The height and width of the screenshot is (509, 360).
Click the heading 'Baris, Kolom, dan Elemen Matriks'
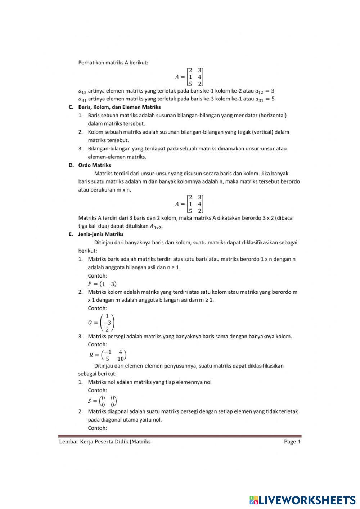tap(119, 107)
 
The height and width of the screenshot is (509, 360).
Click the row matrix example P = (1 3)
tap(102, 284)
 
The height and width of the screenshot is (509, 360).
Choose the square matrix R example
tap(108, 355)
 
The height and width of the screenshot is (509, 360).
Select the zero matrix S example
tap(103, 401)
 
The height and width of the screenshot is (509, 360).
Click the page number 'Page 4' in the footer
tap(292, 442)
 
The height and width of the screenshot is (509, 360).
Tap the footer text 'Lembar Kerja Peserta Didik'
tap(94, 442)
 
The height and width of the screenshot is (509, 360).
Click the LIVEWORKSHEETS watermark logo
tap(302, 500)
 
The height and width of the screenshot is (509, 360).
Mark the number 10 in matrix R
tap(121, 359)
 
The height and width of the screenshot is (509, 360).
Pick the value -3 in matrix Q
tap(107, 323)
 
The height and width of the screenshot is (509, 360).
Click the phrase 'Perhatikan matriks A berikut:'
tap(113, 62)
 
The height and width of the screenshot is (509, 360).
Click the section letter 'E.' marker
tap(71, 234)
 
